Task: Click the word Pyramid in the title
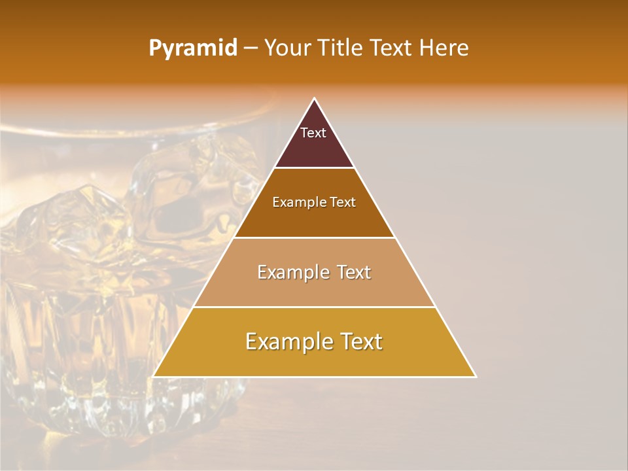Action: click(x=192, y=48)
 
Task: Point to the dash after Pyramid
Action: click(x=250, y=49)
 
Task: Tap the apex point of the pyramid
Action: click(x=315, y=99)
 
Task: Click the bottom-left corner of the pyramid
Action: click(x=154, y=376)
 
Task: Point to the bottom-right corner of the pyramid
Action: click(x=476, y=376)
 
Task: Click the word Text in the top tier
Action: click(x=313, y=133)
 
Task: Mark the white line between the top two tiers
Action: click(x=314, y=167)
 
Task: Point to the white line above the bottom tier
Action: click(x=314, y=307)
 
